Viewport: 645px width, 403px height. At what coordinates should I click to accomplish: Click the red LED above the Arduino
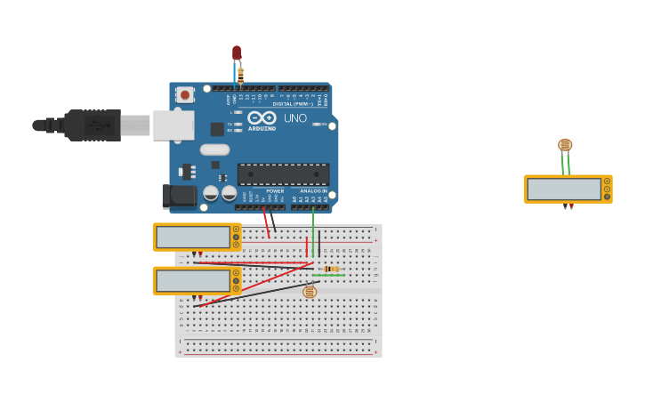point(237,53)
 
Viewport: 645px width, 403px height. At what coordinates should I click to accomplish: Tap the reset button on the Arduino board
point(185,93)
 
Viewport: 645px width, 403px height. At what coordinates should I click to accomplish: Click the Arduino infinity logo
point(262,117)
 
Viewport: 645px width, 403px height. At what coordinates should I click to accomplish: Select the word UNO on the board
point(295,118)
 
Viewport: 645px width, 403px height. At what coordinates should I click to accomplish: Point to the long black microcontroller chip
point(283,174)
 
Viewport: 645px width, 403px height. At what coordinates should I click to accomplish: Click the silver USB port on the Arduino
point(173,125)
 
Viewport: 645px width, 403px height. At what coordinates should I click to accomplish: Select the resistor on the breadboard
point(331,269)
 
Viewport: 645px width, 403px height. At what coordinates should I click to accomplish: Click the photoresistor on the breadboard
point(310,292)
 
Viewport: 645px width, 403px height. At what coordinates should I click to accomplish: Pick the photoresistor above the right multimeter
point(565,145)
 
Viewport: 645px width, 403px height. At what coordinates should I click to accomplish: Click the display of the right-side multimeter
point(564,189)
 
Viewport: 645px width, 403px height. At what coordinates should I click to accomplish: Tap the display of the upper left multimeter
point(193,238)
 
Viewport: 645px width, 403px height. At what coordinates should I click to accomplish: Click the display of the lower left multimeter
point(193,281)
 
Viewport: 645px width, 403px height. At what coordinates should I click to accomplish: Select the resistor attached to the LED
point(240,75)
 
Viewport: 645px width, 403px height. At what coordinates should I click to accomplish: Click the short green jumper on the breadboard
point(328,276)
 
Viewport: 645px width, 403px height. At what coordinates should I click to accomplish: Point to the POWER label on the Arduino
point(275,191)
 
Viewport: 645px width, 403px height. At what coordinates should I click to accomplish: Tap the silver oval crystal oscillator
point(214,149)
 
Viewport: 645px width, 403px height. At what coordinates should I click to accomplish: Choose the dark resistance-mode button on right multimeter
point(608,197)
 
